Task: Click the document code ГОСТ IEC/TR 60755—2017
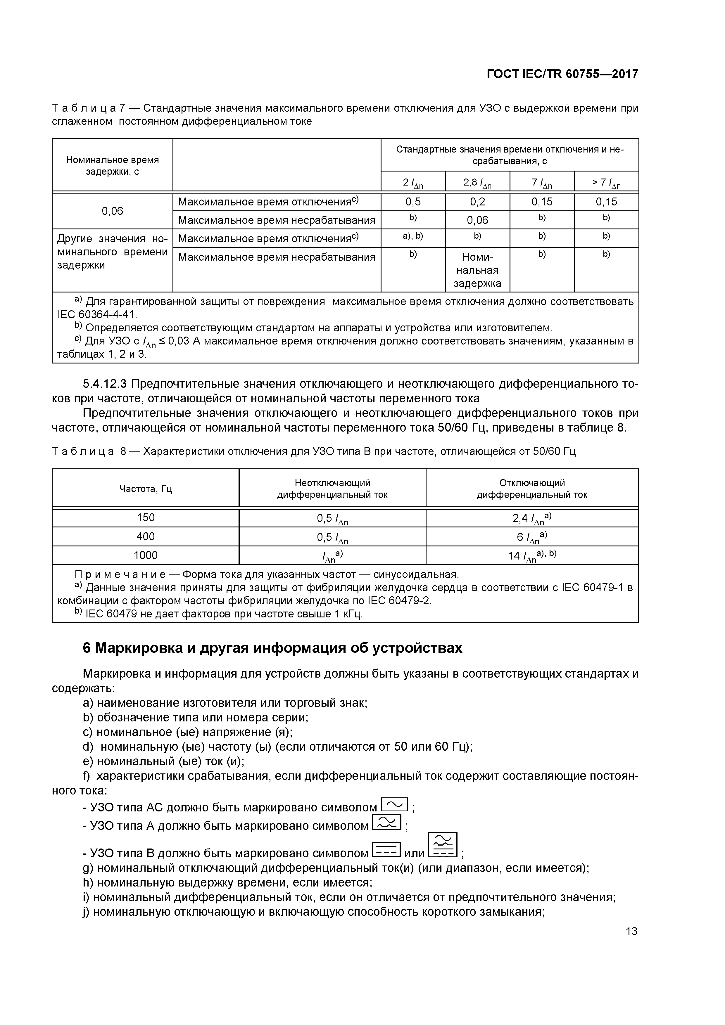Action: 562,74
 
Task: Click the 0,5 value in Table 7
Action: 413,202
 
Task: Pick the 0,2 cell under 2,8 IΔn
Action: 477,202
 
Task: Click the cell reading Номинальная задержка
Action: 477,270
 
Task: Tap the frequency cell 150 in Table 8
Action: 146,518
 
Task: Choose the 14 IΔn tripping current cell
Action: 531,556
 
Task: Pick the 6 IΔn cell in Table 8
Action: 531,537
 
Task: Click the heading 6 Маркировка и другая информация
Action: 272,648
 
